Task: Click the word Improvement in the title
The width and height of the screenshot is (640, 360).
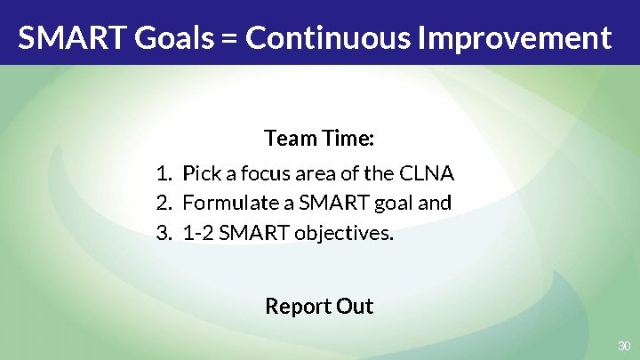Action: (516, 38)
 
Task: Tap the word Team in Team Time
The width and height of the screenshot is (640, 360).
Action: (285, 140)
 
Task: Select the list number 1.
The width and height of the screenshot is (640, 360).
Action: (163, 172)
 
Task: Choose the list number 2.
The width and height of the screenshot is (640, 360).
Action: (163, 203)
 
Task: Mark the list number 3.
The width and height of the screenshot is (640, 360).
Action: (163, 234)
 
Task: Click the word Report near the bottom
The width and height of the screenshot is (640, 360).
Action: (298, 307)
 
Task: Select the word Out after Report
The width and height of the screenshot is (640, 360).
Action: (355, 307)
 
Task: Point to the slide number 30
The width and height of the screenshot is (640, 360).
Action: (623, 345)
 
